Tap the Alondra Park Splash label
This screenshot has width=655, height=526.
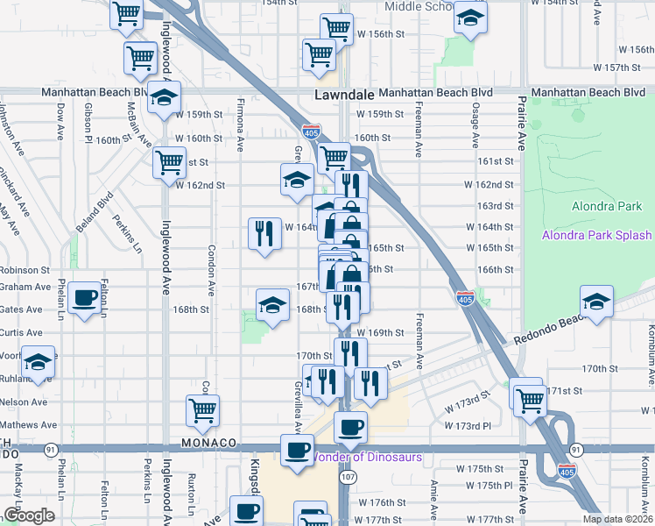[596, 235]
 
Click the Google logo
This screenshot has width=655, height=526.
[29, 515]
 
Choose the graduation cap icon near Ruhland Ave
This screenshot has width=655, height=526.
[38, 363]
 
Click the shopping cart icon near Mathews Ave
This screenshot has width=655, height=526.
[202, 410]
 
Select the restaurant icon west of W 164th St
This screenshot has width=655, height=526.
[264, 234]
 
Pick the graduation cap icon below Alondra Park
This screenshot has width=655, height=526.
[596, 302]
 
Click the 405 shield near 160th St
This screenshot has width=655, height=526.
[311, 131]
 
